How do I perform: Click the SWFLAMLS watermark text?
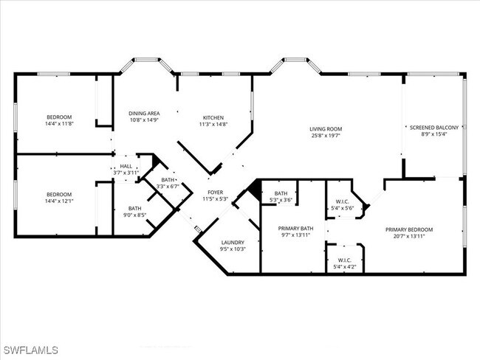[30, 350]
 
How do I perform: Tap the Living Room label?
[325, 129]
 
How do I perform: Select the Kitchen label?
[214, 117]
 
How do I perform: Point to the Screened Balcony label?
[434, 127]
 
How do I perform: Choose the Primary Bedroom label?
[408, 229]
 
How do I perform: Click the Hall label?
[126, 166]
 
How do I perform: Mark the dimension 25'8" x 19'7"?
[325, 136]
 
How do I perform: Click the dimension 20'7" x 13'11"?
[408, 237]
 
